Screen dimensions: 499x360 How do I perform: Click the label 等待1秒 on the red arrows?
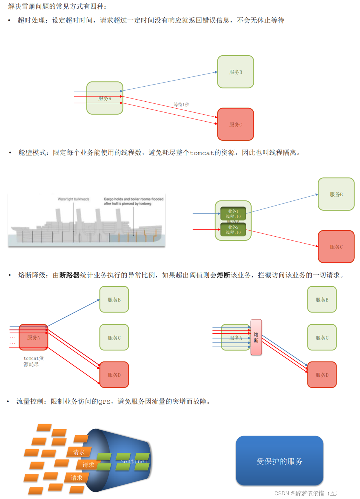click(181, 105)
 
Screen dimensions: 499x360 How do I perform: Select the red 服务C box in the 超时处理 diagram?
click(235, 124)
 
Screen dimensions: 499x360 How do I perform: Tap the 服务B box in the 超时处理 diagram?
click(235, 72)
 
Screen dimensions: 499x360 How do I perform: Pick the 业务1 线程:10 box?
click(233, 214)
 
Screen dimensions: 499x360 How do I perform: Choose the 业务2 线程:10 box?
click(233, 230)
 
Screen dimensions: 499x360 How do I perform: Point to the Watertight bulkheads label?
click(73, 199)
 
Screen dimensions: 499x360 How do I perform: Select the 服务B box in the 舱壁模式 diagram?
click(336, 194)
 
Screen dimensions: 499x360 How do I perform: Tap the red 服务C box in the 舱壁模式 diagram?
click(336, 246)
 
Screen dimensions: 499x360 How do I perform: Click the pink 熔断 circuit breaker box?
click(256, 337)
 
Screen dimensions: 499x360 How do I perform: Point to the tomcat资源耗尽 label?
click(33, 361)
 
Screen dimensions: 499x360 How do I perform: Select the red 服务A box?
click(33, 337)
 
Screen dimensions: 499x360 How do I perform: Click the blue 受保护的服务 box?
click(279, 460)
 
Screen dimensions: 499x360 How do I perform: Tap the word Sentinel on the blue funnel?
click(133, 461)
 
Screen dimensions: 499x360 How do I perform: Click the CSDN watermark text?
click(315, 493)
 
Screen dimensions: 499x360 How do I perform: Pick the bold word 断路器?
click(69, 275)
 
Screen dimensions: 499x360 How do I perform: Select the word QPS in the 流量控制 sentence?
click(104, 402)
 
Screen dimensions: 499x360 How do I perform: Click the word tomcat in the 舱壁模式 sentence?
click(202, 153)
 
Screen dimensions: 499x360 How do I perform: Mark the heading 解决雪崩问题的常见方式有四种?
click(57, 6)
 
